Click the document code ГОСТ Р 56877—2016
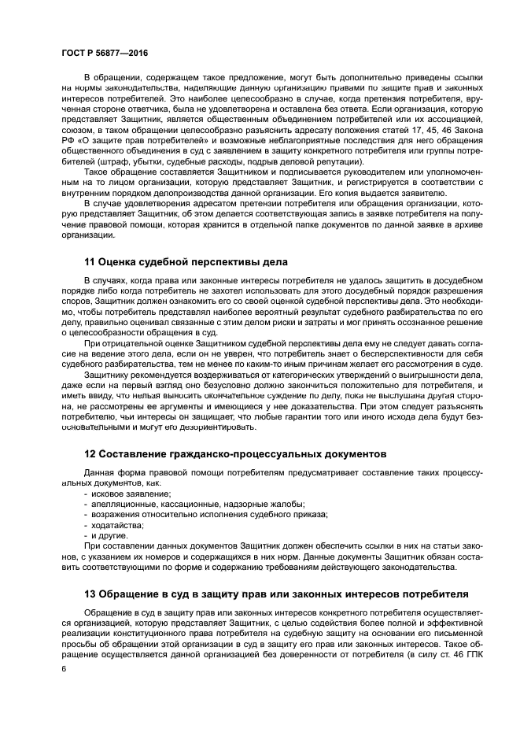[104, 51]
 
